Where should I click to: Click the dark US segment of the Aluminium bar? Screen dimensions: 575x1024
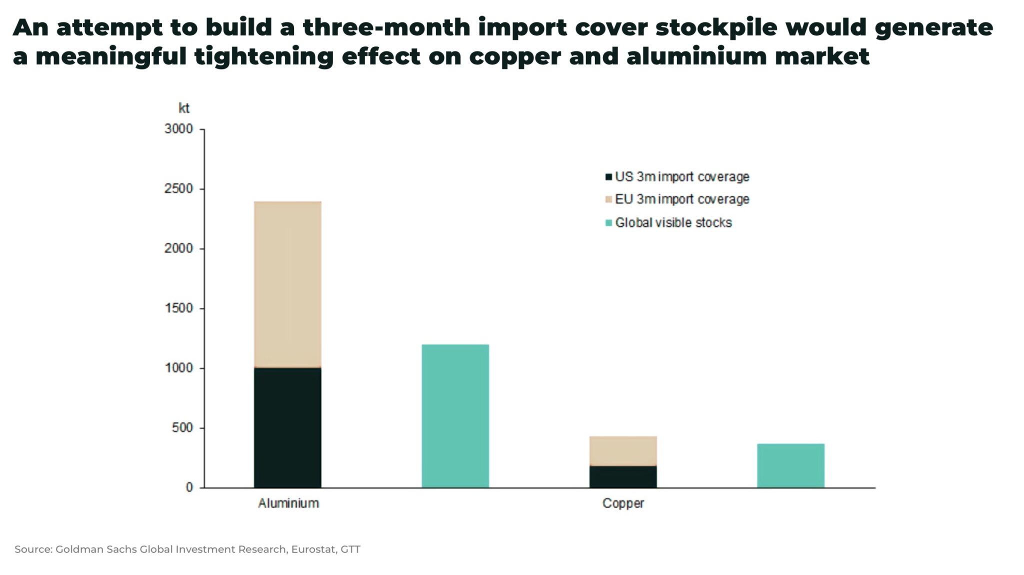click(287, 428)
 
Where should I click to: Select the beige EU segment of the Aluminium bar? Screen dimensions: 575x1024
click(287, 284)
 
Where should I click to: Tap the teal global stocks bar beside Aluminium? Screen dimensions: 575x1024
click(455, 416)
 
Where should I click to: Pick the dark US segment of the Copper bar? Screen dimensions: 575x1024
click(623, 477)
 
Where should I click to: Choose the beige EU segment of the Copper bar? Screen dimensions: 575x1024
click(623, 451)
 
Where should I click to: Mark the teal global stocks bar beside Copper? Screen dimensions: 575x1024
click(790, 465)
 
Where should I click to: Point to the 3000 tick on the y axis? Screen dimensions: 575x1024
click(178, 129)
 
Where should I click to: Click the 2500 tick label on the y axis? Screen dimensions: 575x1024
click(178, 189)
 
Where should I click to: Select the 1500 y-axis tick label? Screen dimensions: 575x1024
click(178, 308)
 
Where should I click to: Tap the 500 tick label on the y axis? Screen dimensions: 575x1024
click(182, 428)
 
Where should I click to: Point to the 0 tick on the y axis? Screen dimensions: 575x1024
click(189, 488)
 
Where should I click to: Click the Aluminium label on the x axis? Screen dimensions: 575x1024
click(288, 503)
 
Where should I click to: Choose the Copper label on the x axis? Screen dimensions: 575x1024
click(623, 503)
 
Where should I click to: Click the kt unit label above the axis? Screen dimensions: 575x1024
click(184, 108)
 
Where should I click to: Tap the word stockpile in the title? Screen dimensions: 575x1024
click(716, 27)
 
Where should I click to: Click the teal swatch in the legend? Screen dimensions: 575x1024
click(608, 223)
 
